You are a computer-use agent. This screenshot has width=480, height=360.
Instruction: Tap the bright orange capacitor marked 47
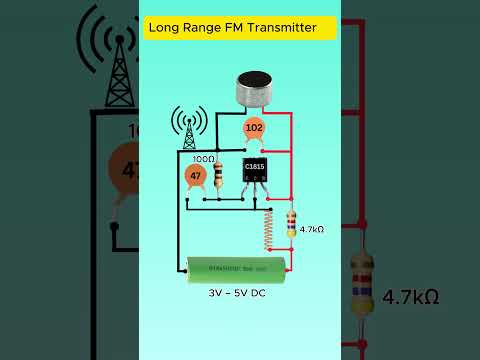[x=195, y=176]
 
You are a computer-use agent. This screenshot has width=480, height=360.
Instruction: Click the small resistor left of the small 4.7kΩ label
[x=291, y=226]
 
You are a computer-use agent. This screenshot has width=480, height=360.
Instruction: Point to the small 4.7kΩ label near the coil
[x=312, y=229]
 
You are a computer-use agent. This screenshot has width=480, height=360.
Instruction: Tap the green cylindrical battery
[x=238, y=266]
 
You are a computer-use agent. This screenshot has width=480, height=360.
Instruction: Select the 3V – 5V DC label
[x=239, y=296]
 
